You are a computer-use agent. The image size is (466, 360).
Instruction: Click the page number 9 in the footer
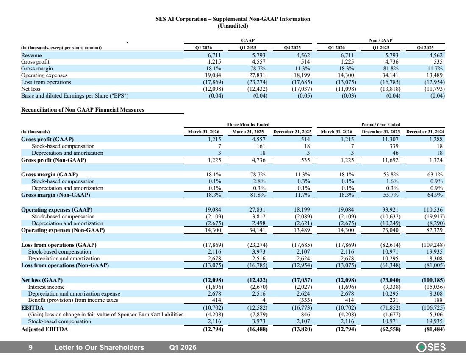click(x=31, y=348)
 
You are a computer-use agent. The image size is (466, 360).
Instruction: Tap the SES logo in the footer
click(x=431, y=347)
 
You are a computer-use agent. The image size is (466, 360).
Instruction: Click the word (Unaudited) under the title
click(x=233, y=26)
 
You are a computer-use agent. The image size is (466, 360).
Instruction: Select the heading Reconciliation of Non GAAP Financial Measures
click(x=83, y=109)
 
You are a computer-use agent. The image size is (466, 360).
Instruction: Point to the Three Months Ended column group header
click(x=248, y=124)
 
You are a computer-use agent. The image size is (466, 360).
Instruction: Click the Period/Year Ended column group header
click(x=381, y=124)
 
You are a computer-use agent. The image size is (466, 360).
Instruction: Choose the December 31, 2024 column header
click(x=425, y=131)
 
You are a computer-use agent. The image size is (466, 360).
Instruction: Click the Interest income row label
click(x=46, y=287)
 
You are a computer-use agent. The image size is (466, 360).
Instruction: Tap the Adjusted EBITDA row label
click(x=44, y=329)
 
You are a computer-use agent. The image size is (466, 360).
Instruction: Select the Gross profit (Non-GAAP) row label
click(x=53, y=160)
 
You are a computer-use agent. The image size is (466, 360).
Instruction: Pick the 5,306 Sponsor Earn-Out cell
click(x=436, y=315)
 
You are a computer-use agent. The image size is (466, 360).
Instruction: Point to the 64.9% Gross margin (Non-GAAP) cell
click(x=435, y=195)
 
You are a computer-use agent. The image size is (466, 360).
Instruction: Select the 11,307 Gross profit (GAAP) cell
click(x=390, y=139)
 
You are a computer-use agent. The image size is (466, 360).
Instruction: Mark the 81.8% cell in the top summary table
click(x=391, y=68)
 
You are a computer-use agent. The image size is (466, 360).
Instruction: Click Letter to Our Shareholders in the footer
click(x=99, y=348)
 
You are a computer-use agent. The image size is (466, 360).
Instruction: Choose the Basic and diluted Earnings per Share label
click(x=75, y=96)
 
